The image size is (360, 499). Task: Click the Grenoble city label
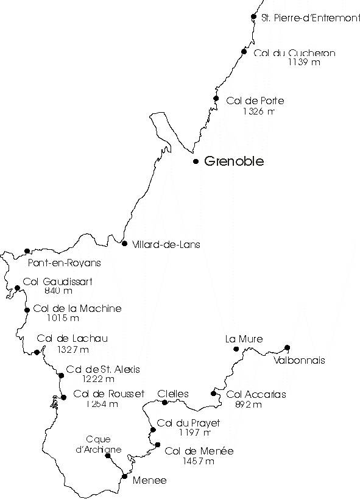click(x=234, y=161)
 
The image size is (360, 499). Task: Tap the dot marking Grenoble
click(x=196, y=161)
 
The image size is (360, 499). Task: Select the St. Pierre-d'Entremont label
click(x=310, y=18)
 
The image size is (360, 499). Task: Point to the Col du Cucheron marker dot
click(x=244, y=52)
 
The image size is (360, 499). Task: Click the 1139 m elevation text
click(x=304, y=62)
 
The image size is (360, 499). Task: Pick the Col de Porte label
click(x=255, y=101)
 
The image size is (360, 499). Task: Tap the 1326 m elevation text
click(x=258, y=111)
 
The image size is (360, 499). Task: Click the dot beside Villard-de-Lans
click(x=124, y=244)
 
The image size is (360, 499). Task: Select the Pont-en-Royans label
click(x=65, y=263)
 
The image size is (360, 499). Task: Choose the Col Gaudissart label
click(x=58, y=281)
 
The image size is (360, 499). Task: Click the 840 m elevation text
click(x=58, y=291)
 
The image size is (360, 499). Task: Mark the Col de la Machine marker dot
click(x=27, y=310)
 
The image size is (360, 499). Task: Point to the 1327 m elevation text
click(x=73, y=350)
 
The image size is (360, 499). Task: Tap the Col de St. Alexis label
click(x=103, y=369)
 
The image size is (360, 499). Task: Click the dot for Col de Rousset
click(x=64, y=397)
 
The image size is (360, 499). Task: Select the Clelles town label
click(x=173, y=394)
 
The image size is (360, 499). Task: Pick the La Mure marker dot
click(x=236, y=349)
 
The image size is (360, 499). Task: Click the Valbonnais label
click(x=299, y=360)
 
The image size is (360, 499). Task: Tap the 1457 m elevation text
click(x=199, y=461)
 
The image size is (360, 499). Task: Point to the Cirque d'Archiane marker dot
click(x=108, y=456)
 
